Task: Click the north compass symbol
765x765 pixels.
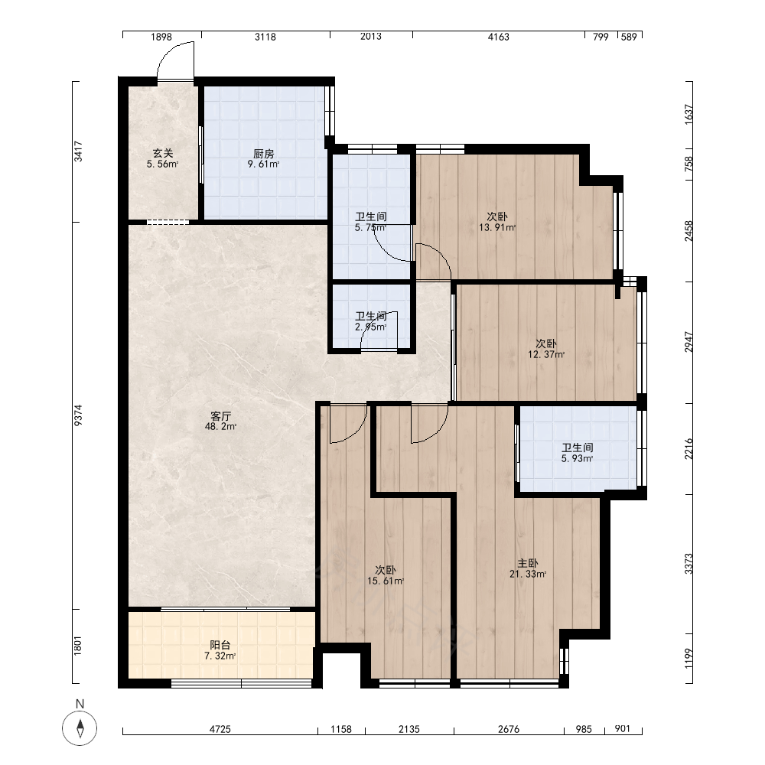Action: tap(80, 728)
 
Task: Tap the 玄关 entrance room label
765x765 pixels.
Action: tap(162, 153)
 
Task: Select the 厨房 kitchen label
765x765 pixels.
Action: tap(263, 155)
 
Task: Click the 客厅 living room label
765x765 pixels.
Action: tap(220, 416)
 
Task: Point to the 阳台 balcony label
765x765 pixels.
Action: tap(220, 645)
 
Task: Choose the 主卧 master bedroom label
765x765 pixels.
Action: tap(528, 563)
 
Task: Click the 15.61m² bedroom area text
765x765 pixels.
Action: tap(386, 581)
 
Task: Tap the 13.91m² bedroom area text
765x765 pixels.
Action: tap(497, 227)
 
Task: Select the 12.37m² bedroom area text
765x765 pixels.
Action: tap(546, 354)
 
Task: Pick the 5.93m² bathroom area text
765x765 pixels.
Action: tap(577, 458)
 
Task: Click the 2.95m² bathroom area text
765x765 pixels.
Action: tap(371, 327)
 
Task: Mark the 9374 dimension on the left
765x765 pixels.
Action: tap(78, 415)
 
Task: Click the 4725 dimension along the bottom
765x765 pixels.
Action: tap(220, 729)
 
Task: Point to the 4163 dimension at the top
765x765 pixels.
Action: tap(498, 37)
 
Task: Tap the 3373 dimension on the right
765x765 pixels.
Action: tap(688, 564)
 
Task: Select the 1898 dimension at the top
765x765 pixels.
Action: tap(161, 37)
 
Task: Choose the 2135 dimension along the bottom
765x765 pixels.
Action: tap(409, 729)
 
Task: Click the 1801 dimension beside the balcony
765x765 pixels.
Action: tap(78, 646)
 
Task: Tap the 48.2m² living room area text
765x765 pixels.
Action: tap(220, 426)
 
